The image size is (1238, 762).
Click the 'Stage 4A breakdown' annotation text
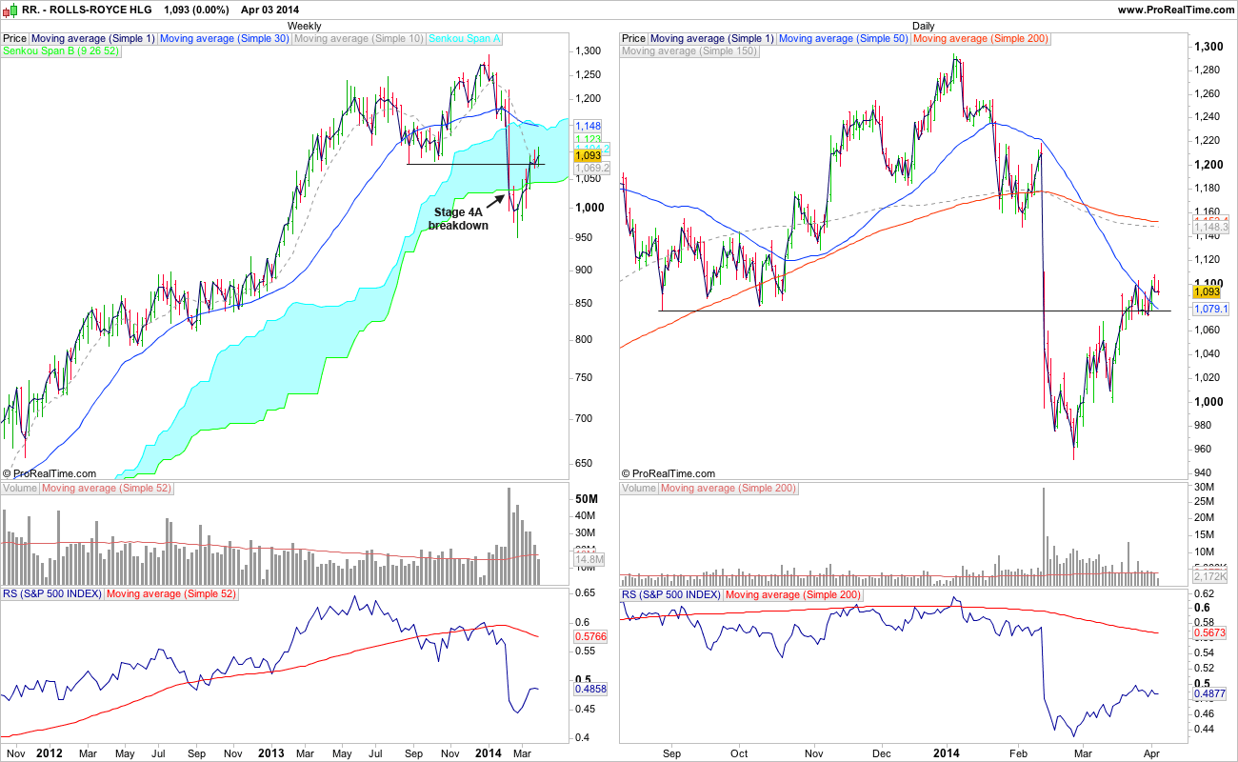[x=458, y=218]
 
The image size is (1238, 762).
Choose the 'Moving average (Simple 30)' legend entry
[x=224, y=38]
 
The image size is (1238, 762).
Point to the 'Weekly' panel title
[x=304, y=26]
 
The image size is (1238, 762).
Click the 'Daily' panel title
[x=923, y=26]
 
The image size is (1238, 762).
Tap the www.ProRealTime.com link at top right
[x=1175, y=9]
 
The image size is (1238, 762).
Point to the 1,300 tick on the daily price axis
[x=1209, y=46]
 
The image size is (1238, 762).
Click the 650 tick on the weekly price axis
[x=586, y=464]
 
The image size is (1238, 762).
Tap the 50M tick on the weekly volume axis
[x=587, y=500]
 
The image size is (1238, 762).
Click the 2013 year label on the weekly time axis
[x=270, y=752]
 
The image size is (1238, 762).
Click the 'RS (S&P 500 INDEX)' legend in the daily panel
[x=670, y=594]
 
